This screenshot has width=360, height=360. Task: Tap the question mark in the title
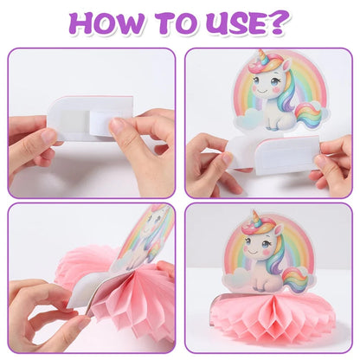pyautogui.click(x=280, y=22)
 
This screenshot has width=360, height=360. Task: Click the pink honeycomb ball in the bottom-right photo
pyautogui.click(x=268, y=320)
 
